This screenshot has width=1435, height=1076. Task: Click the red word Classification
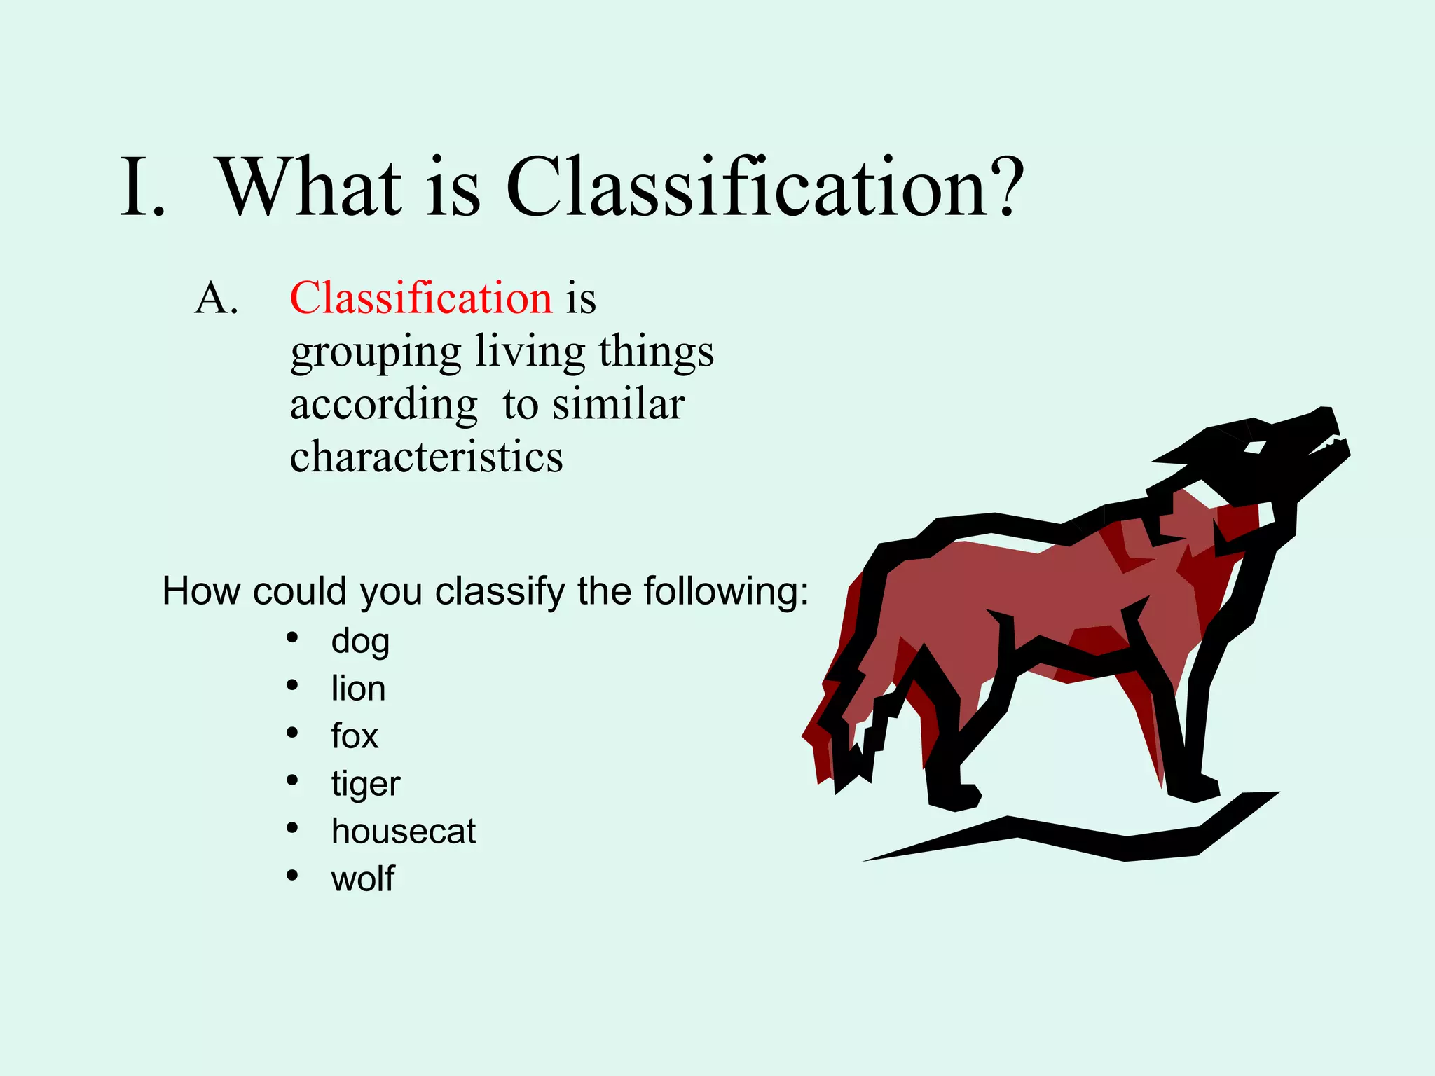click(421, 298)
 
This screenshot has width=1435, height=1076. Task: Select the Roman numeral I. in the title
click(143, 188)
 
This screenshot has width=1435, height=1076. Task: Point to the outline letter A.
click(216, 299)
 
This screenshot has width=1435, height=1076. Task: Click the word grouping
click(376, 353)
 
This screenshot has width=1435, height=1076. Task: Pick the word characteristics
click(426, 457)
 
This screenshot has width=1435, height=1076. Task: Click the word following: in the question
click(726, 591)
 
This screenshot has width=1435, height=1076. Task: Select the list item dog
click(360, 641)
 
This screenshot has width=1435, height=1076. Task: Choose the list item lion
click(358, 688)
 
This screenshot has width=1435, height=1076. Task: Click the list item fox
click(355, 736)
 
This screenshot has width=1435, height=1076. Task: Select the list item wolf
click(363, 878)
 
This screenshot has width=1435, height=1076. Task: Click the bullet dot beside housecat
click(293, 829)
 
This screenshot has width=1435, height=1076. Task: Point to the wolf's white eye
click(1255, 447)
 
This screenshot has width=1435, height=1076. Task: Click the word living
click(530, 352)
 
